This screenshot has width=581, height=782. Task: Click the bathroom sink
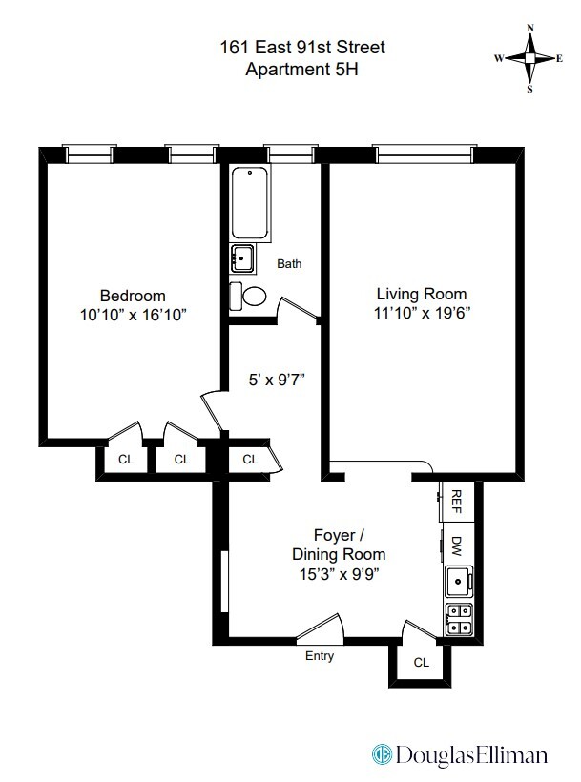point(243,257)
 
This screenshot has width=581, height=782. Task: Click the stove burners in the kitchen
point(458,620)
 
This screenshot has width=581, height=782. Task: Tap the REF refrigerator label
point(457,500)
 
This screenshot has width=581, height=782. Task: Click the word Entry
point(320,656)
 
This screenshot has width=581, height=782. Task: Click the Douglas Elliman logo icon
point(383,754)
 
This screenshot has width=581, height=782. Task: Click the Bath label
point(289,263)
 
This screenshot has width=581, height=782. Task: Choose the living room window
point(424,152)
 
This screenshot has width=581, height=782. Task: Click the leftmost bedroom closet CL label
point(125,459)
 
